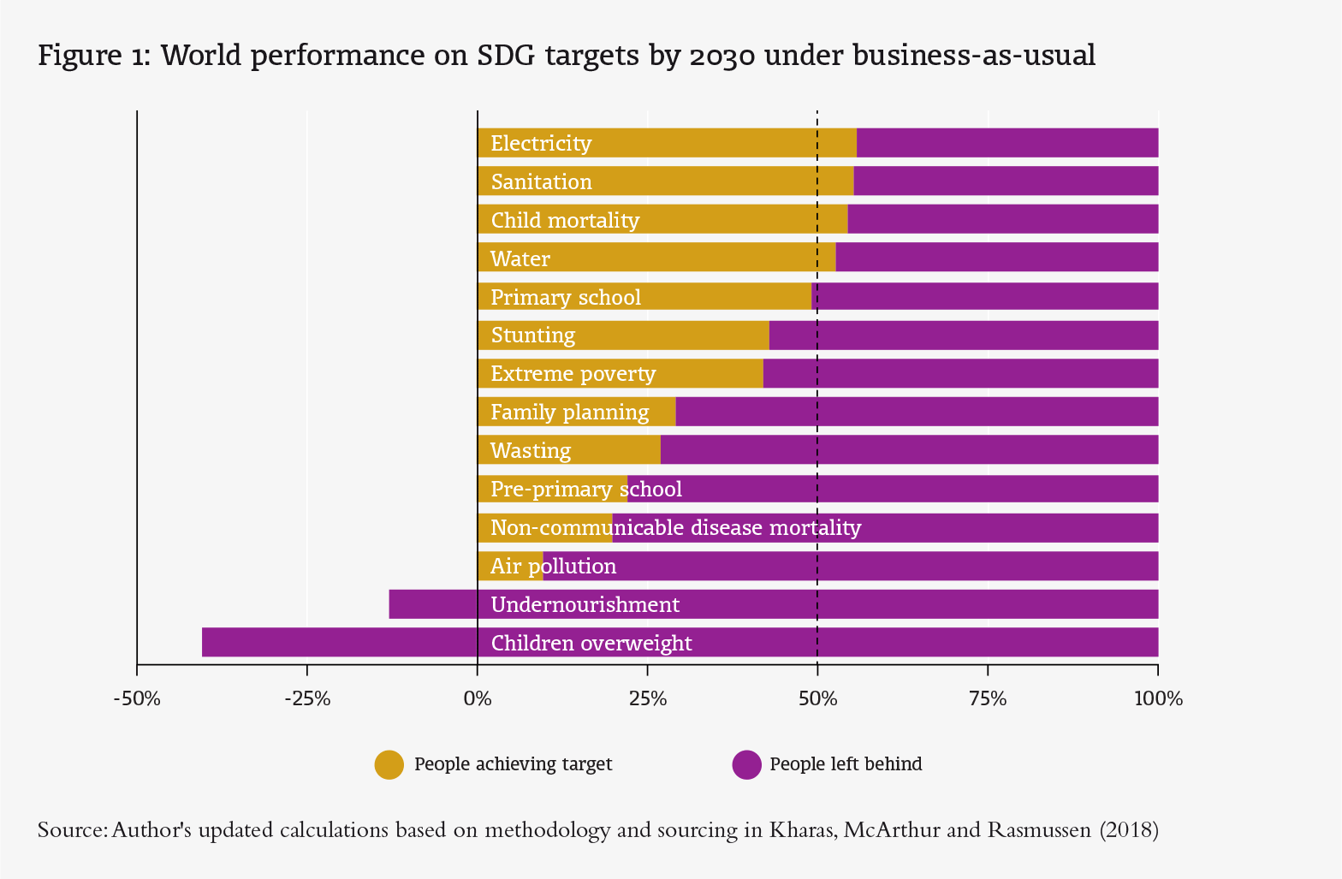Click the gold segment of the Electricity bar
(727, 143)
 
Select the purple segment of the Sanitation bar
(1006, 181)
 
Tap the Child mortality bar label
(565, 221)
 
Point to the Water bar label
(520, 258)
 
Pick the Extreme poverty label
(573, 374)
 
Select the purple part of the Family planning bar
(916, 412)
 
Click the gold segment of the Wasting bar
(616, 450)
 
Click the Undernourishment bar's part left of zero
(433, 604)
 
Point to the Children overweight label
(591, 643)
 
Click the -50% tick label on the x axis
(137, 699)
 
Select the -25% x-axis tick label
(306, 699)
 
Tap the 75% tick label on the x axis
(988, 699)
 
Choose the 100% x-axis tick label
(1157, 699)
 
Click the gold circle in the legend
(389, 764)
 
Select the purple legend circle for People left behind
(746, 764)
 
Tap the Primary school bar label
(566, 297)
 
